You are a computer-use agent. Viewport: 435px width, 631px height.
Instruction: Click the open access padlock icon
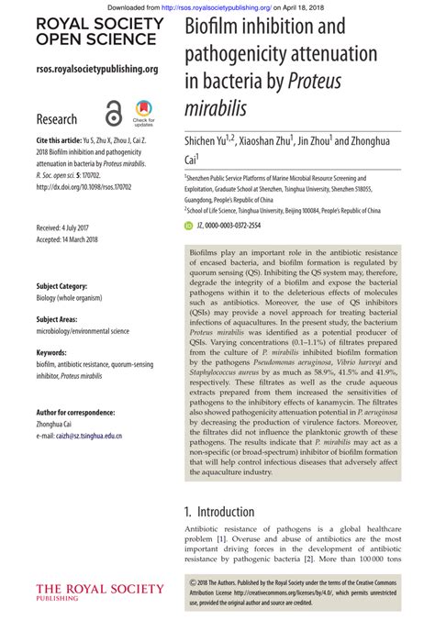click(x=113, y=114)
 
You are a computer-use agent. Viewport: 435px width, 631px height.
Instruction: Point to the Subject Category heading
click(x=61, y=285)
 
